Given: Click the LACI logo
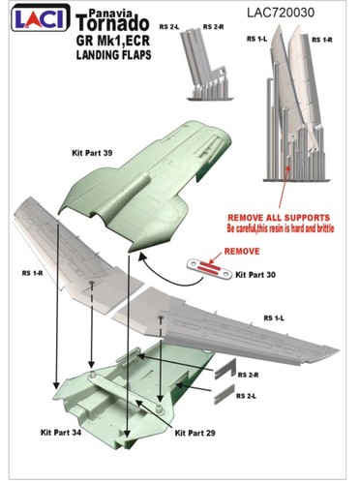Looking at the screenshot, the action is (x=41, y=18).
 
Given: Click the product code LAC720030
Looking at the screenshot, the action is (x=281, y=13).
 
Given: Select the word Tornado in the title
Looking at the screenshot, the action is (x=113, y=23).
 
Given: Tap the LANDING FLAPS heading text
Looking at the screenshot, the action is (x=113, y=55).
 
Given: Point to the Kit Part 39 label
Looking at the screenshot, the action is (x=92, y=153).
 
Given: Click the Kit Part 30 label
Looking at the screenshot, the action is (x=255, y=275).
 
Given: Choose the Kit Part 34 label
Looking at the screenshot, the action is (x=61, y=433).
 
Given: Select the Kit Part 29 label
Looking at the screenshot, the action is (x=195, y=433).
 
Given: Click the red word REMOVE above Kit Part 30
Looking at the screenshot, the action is (x=242, y=251).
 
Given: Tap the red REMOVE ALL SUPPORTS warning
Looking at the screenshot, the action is (x=279, y=218).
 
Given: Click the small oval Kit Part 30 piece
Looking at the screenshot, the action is (x=210, y=269).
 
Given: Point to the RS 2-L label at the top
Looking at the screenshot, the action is (x=169, y=27).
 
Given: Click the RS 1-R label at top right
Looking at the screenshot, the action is (x=322, y=40).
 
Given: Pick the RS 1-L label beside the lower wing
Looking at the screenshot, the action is (x=274, y=318).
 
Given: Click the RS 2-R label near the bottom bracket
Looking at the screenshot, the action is (x=248, y=375).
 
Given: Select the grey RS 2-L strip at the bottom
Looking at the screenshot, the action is (x=225, y=394).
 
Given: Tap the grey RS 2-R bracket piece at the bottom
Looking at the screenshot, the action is (x=225, y=368).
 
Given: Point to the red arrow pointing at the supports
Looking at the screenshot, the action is (x=284, y=185).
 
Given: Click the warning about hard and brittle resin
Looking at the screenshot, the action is (x=281, y=228).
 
